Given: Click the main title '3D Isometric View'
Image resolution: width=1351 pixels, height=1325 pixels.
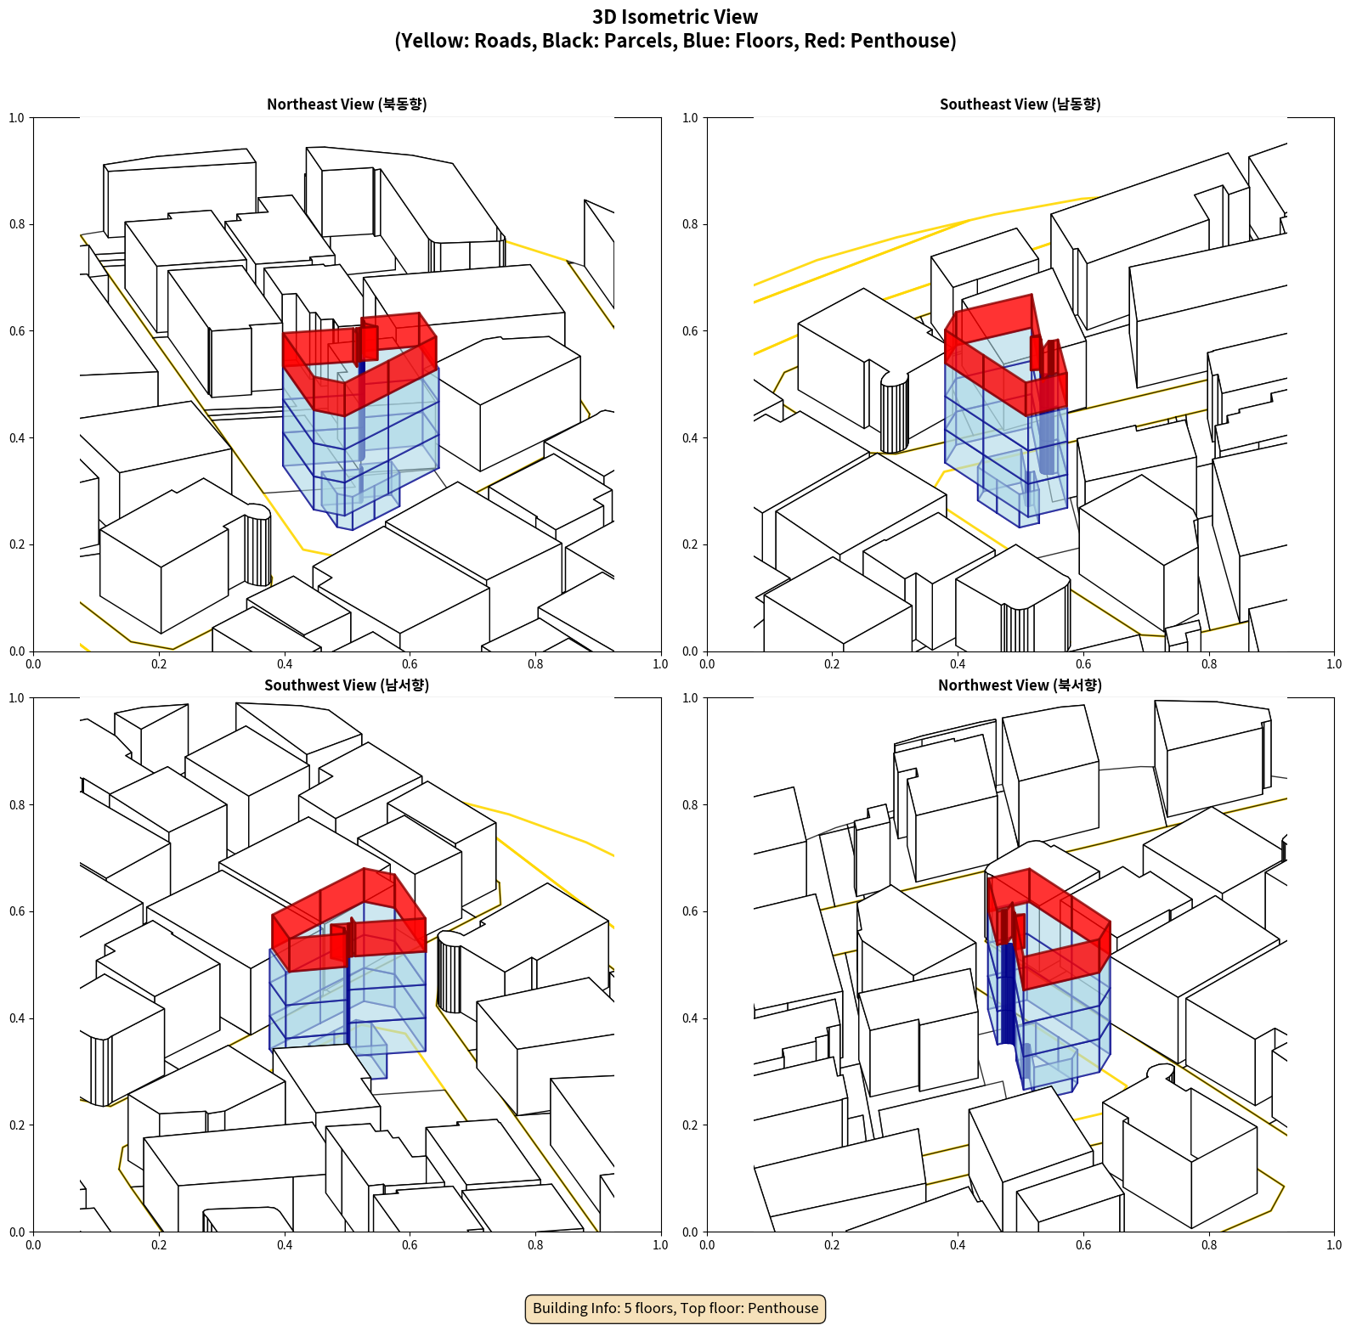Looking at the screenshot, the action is (675, 17).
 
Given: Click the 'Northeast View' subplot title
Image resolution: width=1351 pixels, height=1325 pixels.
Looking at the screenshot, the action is (347, 104).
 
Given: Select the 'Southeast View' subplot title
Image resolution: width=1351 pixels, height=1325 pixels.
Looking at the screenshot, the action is (1020, 104).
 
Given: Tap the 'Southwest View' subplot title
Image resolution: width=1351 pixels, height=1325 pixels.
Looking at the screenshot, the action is (347, 685).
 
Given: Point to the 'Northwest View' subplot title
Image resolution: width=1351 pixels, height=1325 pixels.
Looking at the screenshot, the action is (1020, 685).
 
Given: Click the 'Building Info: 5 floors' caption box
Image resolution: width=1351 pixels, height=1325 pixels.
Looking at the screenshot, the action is (675, 1308).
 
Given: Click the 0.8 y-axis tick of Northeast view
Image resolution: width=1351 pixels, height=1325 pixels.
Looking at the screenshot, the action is (17, 224).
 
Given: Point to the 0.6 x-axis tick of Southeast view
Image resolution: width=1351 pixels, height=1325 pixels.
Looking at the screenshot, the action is (1083, 663).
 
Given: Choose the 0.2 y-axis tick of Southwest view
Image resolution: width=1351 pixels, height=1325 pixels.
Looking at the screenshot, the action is (17, 1125).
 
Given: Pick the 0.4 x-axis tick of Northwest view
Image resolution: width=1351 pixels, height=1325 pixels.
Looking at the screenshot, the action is (958, 1244).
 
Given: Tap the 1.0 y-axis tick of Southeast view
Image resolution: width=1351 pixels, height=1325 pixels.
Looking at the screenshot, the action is (690, 117).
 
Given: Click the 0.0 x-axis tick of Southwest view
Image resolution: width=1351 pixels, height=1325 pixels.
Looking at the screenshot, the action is (33, 1244).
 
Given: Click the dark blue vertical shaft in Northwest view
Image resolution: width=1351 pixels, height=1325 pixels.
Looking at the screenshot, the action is (1008, 990).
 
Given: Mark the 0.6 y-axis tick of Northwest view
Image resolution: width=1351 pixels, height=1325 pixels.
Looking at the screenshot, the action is (690, 911).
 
